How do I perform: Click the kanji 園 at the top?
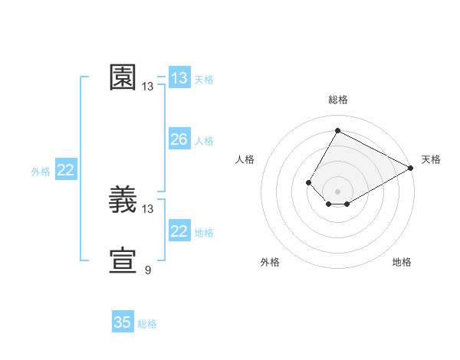[x=123, y=77]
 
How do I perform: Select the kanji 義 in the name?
[x=123, y=200]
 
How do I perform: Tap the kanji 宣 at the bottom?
[x=123, y=261]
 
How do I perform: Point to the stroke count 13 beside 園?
[x=148, y=87]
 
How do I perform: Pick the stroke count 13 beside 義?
[x=148, y=208]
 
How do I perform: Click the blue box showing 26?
[x=179, y=139]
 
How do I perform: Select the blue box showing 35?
[x=123, y=322]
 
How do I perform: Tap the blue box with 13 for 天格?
[x=179, y=78]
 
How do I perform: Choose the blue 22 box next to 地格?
[x=179, y=231]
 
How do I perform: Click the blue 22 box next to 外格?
[x=66, y=170]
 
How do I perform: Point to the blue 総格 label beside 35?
[x=147, y=324]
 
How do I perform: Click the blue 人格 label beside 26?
[x=204, y=141]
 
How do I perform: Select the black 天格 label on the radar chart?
[x=431, y=159]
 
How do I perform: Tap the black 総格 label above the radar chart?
[x=337, y=100]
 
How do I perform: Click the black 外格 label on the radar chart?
[x=270, y=262]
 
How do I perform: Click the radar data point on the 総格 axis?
[x=337, y=131]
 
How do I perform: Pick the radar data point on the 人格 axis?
[x=308, y=182]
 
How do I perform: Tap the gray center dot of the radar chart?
[x=337, y=191]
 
